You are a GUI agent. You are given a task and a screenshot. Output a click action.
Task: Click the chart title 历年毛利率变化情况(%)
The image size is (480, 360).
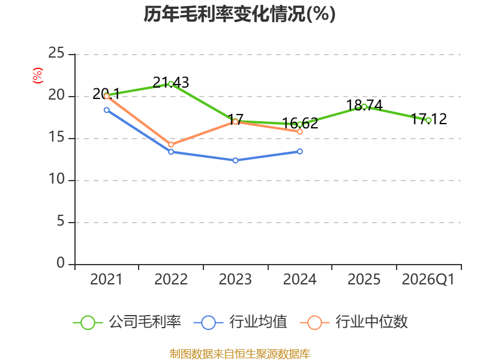click(239, 14)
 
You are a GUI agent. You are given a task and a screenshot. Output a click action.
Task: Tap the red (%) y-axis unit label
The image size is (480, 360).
click(38, 76)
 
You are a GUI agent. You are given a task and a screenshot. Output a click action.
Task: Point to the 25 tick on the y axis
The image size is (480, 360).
click(56, 53)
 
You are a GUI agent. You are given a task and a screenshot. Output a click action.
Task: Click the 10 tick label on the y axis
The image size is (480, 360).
click(56, 179)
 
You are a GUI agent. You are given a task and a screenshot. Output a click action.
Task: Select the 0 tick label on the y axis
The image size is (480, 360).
click(61, 263)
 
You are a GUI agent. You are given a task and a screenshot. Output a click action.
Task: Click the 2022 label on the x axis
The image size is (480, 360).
click(171, 279)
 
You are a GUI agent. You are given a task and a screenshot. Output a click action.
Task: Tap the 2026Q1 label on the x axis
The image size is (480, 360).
click(428, 279)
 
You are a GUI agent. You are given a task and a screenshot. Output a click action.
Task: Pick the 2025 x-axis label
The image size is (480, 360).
click(364, 279)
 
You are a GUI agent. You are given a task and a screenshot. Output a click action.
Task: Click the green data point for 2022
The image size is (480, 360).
click(171, 84)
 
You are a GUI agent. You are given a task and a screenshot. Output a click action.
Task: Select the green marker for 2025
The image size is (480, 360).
click(364, 107)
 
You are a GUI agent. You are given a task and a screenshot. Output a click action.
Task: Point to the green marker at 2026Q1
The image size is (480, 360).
click(428, 121)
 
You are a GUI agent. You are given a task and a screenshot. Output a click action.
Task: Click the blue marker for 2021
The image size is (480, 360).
click(107, 110)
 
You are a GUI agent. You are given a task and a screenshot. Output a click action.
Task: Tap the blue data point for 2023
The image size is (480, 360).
click(235, 160)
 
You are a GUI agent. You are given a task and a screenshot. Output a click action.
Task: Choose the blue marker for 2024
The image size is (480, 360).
click(299, 151)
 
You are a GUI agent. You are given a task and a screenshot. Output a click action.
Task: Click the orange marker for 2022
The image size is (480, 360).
click(171, 145)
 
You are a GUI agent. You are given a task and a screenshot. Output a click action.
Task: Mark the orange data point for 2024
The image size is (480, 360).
click(299, 131)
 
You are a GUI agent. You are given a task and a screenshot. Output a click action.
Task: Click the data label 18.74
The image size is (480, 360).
click(364, 106)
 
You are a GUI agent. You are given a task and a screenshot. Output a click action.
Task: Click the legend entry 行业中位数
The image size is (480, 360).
click(353, 322)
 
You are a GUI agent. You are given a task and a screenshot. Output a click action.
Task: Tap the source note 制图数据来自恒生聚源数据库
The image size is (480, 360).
click(239, 354)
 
